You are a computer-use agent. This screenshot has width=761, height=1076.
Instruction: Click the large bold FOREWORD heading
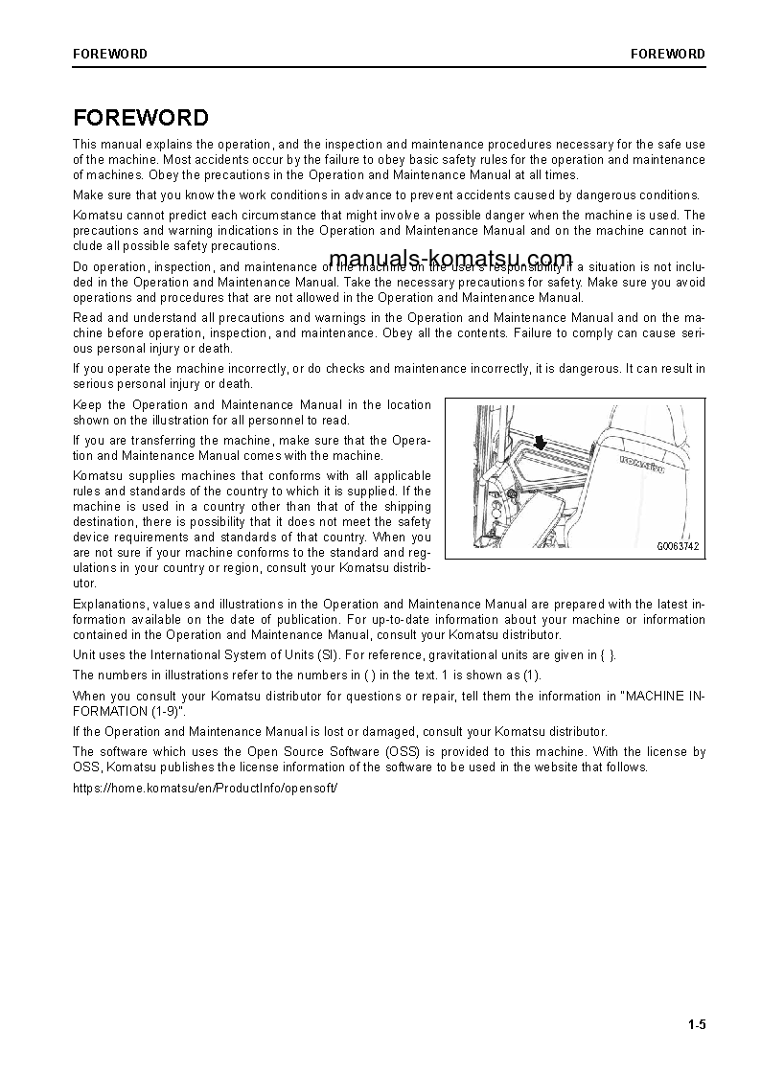coord(141,118)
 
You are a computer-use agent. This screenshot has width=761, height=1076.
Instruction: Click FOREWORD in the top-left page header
coord(110,54)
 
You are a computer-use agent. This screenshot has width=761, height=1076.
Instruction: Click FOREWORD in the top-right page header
coord(667,54)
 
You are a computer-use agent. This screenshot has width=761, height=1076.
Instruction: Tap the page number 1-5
coord(696,1025)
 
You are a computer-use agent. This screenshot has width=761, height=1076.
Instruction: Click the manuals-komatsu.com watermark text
coord(450,260)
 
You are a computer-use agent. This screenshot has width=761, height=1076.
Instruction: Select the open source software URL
coord(205,787)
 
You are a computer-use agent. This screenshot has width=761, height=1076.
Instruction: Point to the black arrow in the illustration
coord(541,440)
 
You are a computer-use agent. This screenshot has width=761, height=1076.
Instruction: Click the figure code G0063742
coord(678,547)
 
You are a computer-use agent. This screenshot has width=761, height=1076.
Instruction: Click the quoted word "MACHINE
coord(659,696)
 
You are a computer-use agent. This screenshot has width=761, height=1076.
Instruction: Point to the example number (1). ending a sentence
coord(531,675)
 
